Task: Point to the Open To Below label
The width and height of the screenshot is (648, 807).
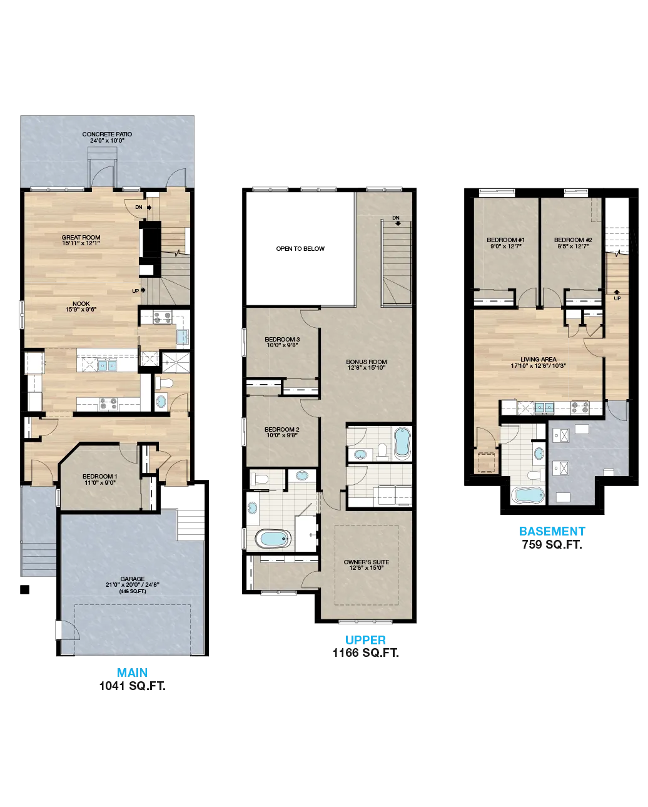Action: (300, 248)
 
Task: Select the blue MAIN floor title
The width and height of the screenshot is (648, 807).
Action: (132, 672)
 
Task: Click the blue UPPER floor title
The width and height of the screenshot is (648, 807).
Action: (365, 640)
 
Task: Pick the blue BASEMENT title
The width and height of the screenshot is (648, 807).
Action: (552, 531)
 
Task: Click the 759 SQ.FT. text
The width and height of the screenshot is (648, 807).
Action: (552, 544)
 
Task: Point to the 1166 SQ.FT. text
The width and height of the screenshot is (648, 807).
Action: (365, 653)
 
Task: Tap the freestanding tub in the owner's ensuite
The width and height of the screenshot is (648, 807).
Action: (273, 539)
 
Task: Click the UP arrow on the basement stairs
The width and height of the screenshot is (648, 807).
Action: (617, 292)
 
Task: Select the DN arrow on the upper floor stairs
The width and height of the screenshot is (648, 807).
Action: (398, 223)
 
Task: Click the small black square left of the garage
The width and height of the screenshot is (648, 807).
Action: (24, 589)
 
